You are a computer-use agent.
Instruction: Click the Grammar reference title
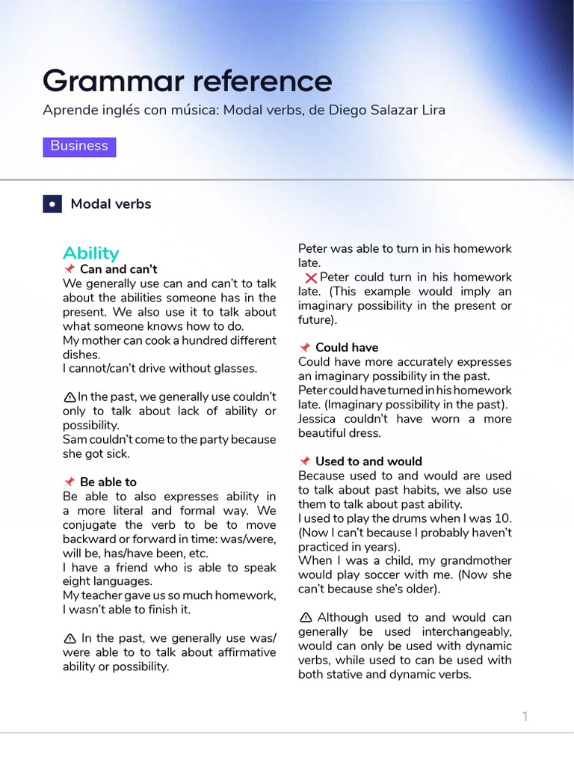[x=187, y=81]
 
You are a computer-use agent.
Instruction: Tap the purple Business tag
[x=79, y=146]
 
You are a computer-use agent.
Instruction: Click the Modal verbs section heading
[x=111, y=204]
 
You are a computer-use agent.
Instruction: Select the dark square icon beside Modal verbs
[x=52, y=204]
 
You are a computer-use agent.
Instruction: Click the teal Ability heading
[x=91, y=253]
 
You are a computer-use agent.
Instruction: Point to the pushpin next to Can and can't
[x=70, y=269]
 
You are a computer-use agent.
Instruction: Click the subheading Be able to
[x=108, y=482]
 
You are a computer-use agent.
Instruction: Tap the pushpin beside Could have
[x=305, y=348]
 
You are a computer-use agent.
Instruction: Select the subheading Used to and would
[x=368, y=462]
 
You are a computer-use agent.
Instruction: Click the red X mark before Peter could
[x=311, y=278]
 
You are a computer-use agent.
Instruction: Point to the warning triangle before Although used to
[x=305, y=618]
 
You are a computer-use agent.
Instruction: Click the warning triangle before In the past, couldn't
[x=70, y=397]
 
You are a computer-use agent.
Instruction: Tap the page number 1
[x=525, y=717]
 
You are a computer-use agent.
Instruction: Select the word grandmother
[x=478, y=561]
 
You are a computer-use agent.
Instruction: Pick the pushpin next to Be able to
[x=70, y=482]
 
